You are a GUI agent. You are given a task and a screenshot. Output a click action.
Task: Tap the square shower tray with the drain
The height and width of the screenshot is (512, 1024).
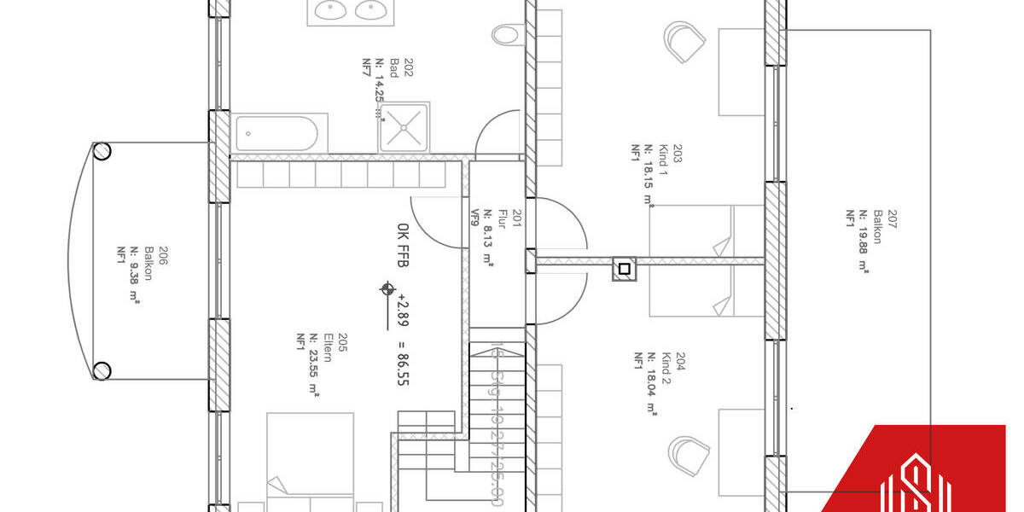(x=404, y=128)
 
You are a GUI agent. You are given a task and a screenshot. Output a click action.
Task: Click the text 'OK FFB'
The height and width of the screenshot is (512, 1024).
(x=402, y=243)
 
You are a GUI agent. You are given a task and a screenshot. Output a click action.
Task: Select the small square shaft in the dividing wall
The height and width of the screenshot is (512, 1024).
(x=624, y=269)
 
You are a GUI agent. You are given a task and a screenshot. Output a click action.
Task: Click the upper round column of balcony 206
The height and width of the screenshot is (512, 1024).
(x=102, y=151)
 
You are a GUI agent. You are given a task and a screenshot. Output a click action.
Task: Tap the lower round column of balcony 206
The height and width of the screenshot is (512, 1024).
(x=102, y=370)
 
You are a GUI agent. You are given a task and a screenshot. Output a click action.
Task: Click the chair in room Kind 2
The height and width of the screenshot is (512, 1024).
(x=689, y=455)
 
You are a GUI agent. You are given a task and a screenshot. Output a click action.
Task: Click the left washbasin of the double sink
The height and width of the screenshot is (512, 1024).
(x=329, y=10)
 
